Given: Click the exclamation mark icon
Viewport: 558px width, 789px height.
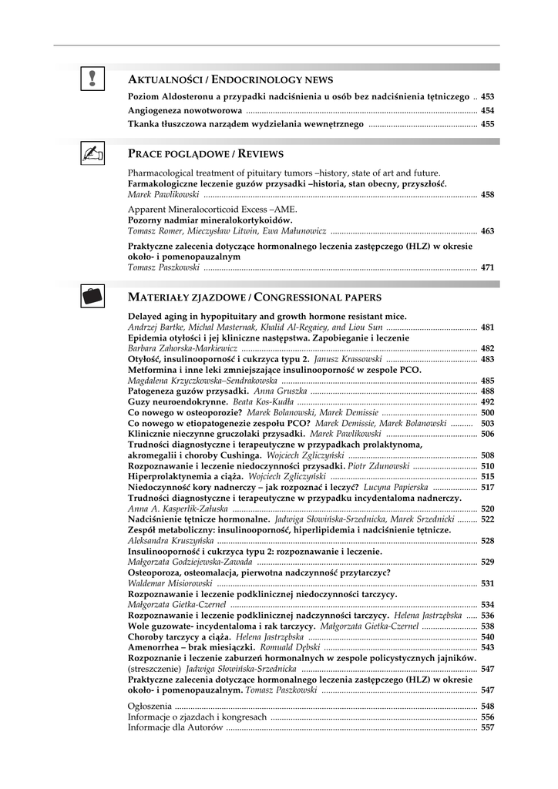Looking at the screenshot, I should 92,79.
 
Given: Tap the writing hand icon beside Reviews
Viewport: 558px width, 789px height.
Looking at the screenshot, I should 92,154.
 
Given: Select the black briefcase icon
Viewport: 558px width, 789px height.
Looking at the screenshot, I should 92,296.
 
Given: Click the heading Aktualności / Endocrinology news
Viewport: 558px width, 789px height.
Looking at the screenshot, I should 230,79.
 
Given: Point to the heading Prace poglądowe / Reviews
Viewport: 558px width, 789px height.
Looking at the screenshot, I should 206,154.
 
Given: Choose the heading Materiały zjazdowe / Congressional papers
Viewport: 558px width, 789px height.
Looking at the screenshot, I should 254,297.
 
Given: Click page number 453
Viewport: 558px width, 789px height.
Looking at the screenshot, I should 487,96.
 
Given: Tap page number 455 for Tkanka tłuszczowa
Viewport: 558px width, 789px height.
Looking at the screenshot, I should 487,123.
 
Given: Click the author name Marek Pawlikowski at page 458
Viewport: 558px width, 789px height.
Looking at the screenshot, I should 163,195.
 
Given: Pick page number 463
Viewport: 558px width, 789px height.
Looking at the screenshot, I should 487,231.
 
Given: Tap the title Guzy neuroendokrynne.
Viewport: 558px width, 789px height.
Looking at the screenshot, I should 177,402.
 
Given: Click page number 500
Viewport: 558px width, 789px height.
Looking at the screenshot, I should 487,413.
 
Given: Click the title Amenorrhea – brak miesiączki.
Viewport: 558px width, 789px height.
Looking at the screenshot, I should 193,648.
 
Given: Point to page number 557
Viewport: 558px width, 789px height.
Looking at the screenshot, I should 487,727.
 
